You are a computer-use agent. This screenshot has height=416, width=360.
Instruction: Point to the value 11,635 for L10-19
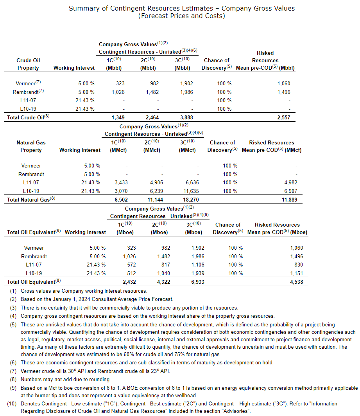tap(191, 191)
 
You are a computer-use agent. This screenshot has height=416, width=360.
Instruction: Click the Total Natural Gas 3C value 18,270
tap(191, 200)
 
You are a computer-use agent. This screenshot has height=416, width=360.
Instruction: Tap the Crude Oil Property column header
tap(28, 64)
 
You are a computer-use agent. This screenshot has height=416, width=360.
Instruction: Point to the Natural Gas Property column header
tap(31, 146)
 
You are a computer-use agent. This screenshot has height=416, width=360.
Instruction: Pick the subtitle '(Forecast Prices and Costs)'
tap(182, 16)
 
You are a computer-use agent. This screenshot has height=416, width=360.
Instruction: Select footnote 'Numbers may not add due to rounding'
tap(66, 379)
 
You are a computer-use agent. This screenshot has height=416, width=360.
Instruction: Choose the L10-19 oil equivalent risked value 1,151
tap(296, 273)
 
